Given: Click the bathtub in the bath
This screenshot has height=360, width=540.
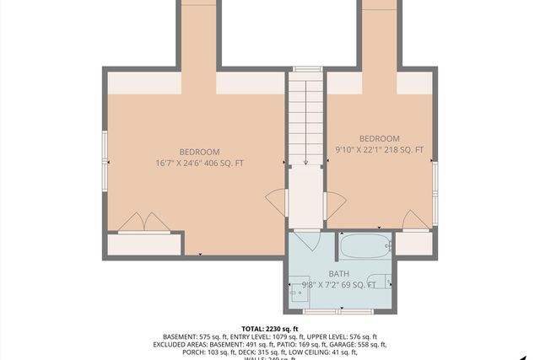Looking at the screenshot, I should point(364,246).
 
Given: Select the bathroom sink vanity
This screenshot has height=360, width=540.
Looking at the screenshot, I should point(300,289).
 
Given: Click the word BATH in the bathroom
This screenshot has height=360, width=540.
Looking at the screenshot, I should point(338,274).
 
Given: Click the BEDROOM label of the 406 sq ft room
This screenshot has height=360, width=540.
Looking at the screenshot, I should point(199,151).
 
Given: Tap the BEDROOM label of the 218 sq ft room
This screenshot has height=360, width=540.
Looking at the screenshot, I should point(379,138).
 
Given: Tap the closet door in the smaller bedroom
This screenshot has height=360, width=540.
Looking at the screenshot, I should point(414,220).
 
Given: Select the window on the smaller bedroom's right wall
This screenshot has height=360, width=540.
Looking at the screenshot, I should point(435,194).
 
